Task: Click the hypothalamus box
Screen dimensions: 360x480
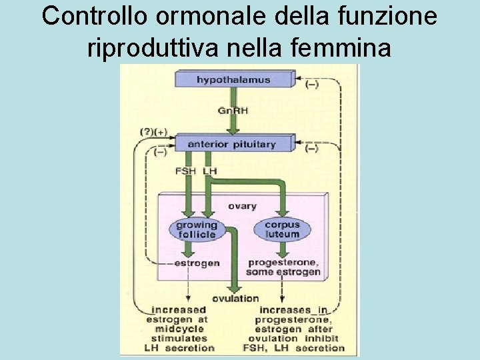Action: click(x=233, y=80)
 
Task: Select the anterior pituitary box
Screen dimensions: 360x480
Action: click(x=232, y=143)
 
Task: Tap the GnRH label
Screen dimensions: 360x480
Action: click(x=233, y=111)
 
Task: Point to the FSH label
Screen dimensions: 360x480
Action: click(x=185, y=171)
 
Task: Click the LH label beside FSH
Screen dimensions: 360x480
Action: click(x=209, y=171)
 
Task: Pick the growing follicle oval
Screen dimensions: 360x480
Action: click(x=196, y=229)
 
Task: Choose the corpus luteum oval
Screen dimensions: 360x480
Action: click(x=282, y=229)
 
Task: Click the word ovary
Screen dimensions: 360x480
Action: click(x=242, y=206)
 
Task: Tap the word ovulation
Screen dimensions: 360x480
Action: click(x=235, y=298)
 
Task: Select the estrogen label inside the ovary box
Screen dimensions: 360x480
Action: click(x=197, y=263)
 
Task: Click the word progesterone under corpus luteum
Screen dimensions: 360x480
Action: click(x=284, y=263)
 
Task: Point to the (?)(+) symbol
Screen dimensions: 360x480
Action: click(x=153, y=132)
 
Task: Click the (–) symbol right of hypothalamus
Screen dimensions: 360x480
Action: click(x=311, y=85)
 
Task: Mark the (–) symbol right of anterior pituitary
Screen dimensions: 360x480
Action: click(x=311, y=149)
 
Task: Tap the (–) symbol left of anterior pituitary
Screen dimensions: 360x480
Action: click(x=160, y=152)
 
